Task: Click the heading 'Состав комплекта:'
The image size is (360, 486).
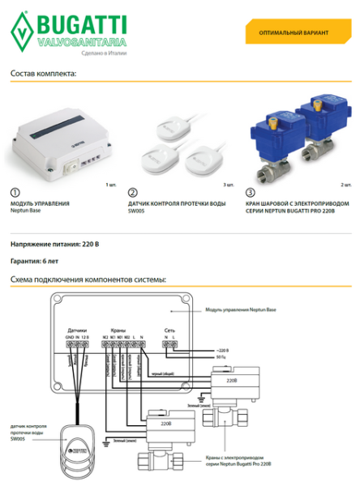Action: click(x=43, y=74)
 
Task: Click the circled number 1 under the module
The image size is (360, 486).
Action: click(x=15, y=194)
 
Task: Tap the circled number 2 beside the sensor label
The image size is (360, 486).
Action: click(x=132, y=194)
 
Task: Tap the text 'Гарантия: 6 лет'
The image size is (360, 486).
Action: click(x=36, y=262)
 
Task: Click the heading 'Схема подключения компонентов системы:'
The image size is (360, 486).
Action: click(x=88, y=279)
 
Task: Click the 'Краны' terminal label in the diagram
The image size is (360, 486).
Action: click(x=118, y=330)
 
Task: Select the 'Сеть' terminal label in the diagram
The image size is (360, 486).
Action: click(x=169, y=330)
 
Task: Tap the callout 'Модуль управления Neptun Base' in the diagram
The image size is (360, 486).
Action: click(x=240, y=309)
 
